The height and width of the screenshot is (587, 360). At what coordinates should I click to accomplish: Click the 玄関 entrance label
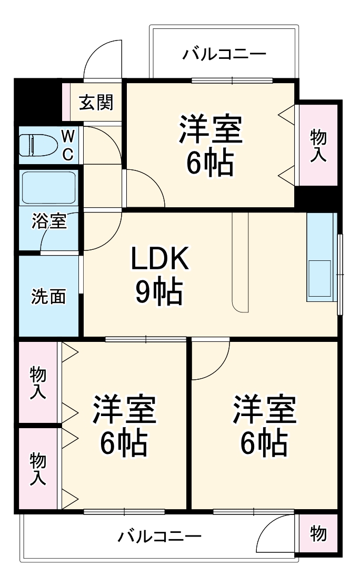[96, 102]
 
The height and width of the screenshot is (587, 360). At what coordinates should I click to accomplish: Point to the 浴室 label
[49, 221]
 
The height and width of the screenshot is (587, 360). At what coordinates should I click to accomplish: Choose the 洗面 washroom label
[48, 297]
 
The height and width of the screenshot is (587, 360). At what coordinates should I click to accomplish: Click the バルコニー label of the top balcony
[224, 54]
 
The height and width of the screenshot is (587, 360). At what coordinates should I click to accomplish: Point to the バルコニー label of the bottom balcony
[159, 537]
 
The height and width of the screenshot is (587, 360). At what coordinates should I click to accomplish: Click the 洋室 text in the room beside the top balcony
[211, 130]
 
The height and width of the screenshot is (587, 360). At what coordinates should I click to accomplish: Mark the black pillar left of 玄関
[37, 100]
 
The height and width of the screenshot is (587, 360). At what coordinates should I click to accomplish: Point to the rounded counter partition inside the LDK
[240, 263]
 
